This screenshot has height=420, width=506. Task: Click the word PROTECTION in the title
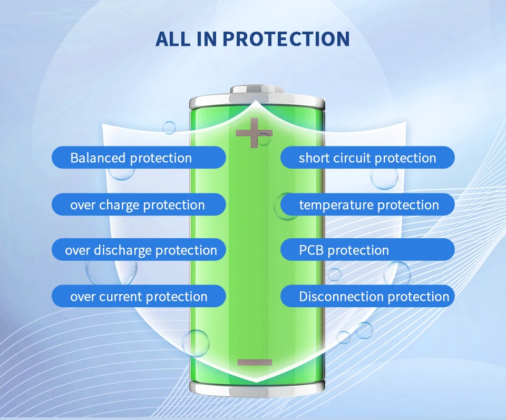(286, 39)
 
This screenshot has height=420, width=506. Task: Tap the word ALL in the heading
(173, 39)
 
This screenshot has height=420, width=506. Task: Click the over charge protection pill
(139, 204)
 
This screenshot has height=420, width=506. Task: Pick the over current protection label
(139, 296)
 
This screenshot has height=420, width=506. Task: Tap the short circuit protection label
(367, 158)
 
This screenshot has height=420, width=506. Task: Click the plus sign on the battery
(254, 133)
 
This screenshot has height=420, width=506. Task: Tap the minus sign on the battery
(255, 362)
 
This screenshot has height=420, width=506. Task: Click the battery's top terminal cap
(257, 90)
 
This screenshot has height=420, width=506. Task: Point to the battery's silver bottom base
(257, 389)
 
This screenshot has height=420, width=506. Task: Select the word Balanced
(98, 158)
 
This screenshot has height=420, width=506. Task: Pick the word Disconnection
(342, 297)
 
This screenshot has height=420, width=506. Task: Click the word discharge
(123, 251)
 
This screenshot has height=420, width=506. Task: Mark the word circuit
(352, 158)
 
